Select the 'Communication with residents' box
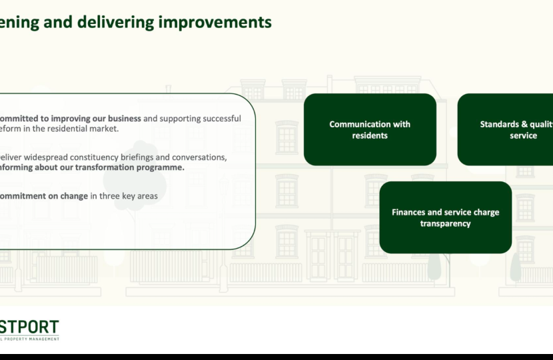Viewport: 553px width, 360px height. tap(370, 129)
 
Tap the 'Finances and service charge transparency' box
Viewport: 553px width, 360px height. tap(445, 217)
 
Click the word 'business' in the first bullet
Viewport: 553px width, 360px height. tap(121, 119)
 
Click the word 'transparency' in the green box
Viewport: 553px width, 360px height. tap(445, 223)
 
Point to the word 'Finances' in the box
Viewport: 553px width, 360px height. tap(408, 212)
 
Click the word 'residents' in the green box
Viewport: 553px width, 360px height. tap(370, 135)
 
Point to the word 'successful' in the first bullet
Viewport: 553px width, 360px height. tap(216, 119)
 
